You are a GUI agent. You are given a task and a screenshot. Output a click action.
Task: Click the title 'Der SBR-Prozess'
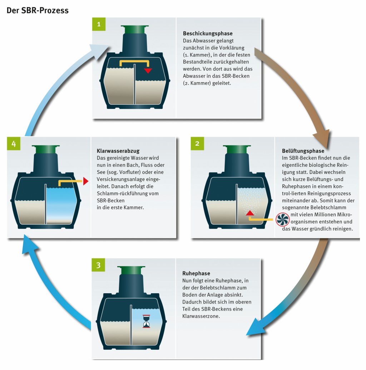(38, 10)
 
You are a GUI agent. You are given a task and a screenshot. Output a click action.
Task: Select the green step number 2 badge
(197, 144)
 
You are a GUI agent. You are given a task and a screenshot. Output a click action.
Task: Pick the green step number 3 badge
(98, 265)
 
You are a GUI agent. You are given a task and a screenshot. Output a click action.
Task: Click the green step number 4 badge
(14, 144)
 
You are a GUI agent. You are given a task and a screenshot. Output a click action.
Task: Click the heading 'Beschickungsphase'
(208, 34)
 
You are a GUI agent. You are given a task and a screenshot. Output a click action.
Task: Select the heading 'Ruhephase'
(194, 273)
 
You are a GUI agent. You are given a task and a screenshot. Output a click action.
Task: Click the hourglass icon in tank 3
(147, 321)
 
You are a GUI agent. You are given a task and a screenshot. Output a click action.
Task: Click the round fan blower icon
(282, 219)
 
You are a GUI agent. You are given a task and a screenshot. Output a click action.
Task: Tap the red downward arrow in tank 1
(148, 70)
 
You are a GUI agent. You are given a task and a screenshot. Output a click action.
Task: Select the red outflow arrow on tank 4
(86, 181)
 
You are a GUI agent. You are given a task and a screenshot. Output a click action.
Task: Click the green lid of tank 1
(134, 29)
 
